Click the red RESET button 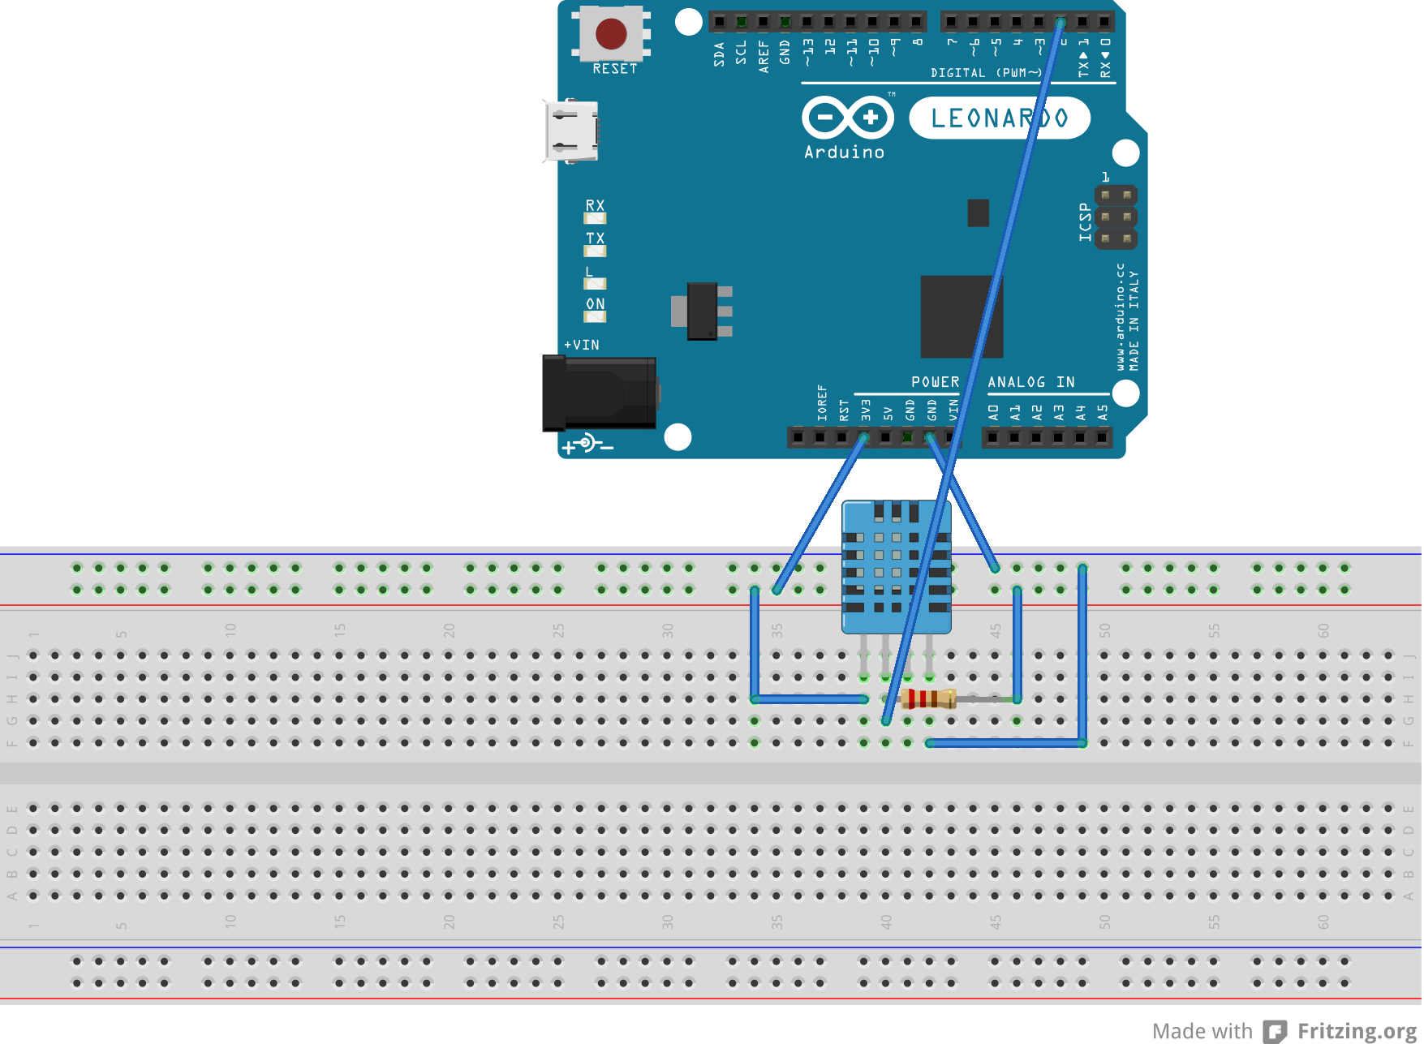coord(611,34)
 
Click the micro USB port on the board coord(572,131)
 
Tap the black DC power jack coord(599,393)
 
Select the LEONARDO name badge coord(999,118)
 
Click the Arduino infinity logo coord(848,118)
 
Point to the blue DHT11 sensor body coord(896,568)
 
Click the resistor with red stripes coord(928,698)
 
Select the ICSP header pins coord(1116,217)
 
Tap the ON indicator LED coord(595,316)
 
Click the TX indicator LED coord(595,251)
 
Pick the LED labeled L coord(595,283)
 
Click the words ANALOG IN coord(1030,382)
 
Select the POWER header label coord(935,382)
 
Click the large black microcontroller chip coord(962,316)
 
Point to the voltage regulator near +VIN coord(703,311)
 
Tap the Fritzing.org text coord(1357,1031)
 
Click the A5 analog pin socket coord(1101,438)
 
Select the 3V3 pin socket coord(864,438)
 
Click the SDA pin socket coord(719,22)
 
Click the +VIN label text coord(582,345)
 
